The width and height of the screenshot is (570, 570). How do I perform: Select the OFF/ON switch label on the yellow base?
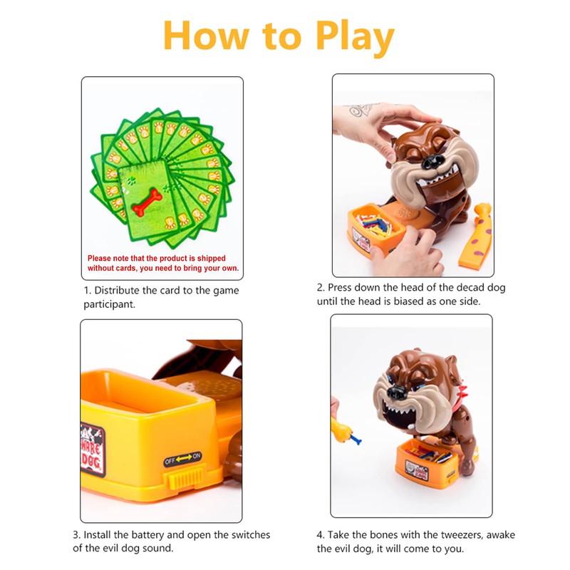[182, 460]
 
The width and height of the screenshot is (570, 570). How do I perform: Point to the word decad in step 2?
[461, 288]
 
